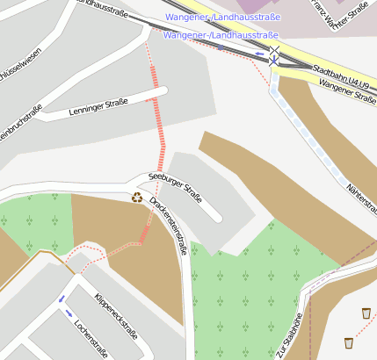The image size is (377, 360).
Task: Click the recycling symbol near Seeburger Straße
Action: point(137,198)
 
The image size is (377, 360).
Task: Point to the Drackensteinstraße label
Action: point(167,225)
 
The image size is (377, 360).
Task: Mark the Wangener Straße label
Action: point(348,91)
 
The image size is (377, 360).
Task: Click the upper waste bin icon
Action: point(366,312)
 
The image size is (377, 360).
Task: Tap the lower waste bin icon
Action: point(349,342)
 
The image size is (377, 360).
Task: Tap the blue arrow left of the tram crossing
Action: point(260,53)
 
